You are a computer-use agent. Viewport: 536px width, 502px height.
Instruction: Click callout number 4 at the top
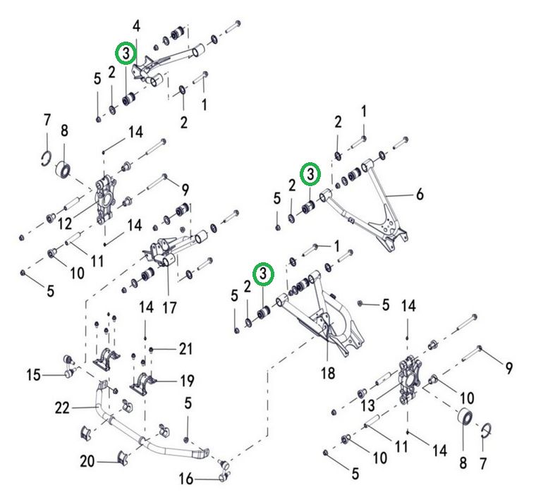pos(136,27)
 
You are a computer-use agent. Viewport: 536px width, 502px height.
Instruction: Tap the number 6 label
pos(420,194)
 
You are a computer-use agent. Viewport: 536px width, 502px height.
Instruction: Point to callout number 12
pos(66,224)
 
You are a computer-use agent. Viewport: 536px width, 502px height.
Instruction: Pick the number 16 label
pos(185,479)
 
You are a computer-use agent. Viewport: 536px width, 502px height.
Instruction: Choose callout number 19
pos(186,381)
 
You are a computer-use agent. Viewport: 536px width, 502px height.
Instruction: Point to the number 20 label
pos(87,462)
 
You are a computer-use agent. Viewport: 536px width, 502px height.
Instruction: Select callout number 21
pos(185,348)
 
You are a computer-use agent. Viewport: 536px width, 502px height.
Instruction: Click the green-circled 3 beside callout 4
pos(126,54)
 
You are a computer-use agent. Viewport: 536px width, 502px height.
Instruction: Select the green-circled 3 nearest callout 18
pos(263,273)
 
